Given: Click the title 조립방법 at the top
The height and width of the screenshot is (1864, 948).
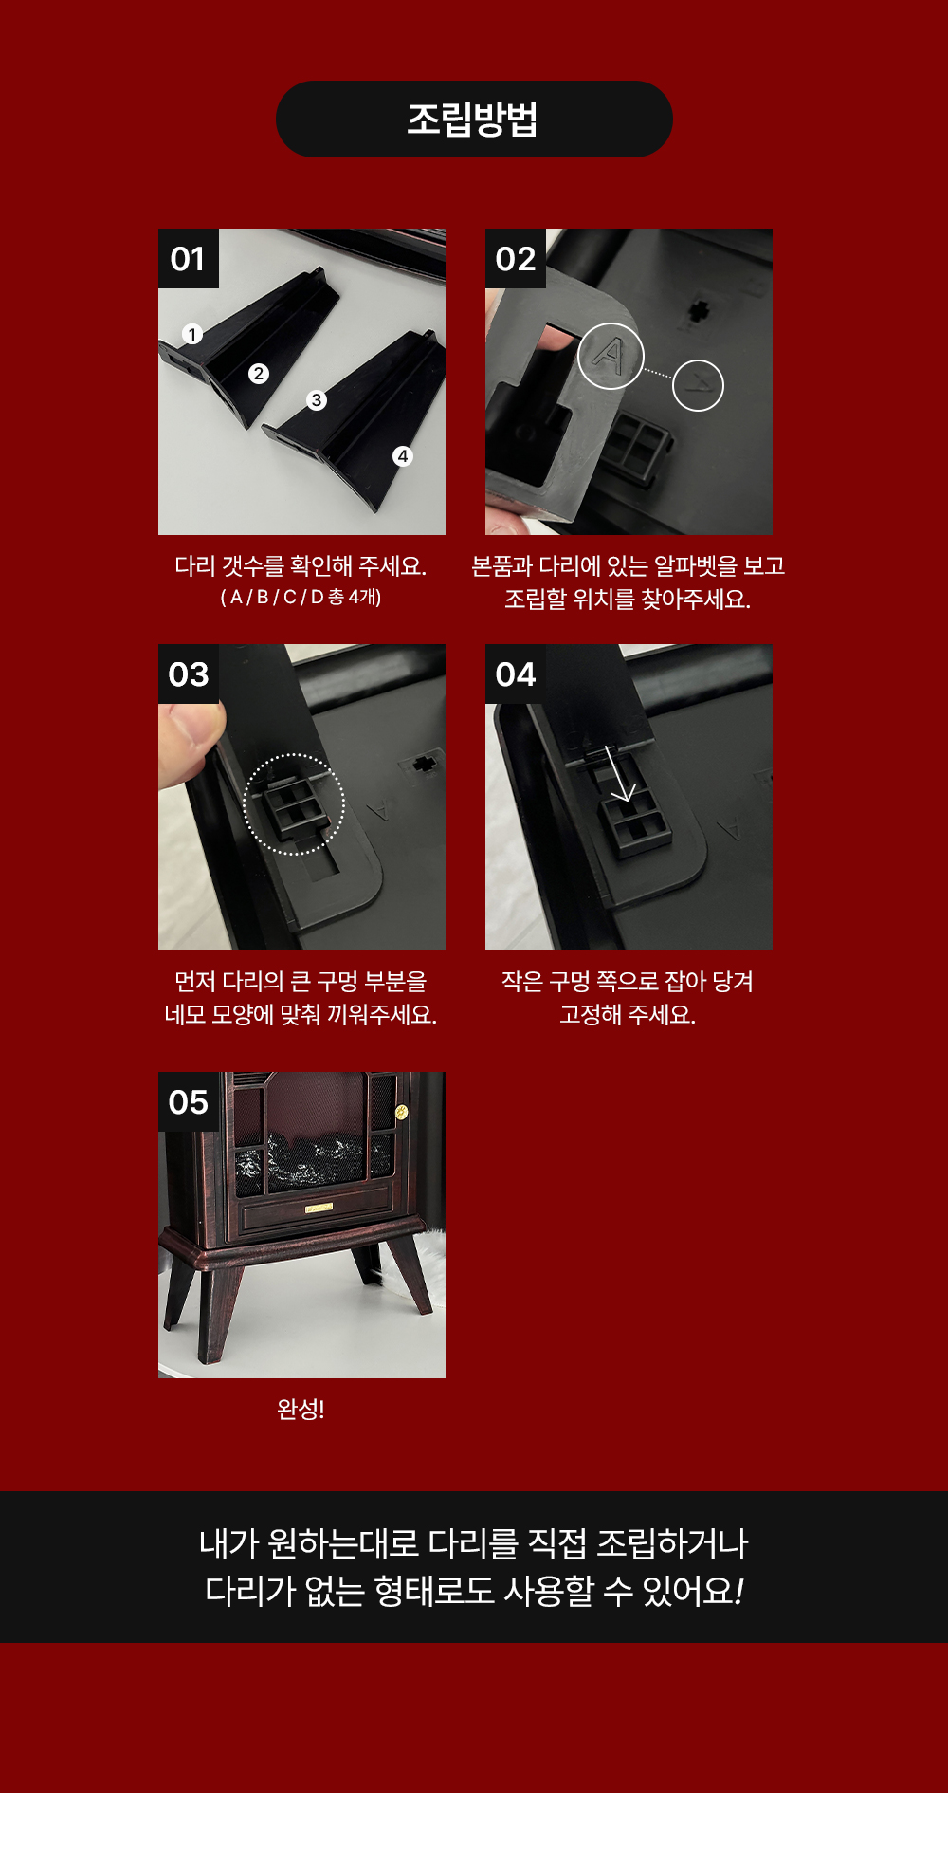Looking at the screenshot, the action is [x=473, y=120].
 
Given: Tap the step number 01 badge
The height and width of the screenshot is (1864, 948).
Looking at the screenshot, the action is [x=189, y=258].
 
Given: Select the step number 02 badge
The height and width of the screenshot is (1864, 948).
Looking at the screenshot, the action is [x=516, y=258].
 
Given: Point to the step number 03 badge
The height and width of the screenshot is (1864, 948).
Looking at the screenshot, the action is [x=189, y=674].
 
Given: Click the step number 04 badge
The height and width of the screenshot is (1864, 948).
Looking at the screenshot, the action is [x=516, y=674].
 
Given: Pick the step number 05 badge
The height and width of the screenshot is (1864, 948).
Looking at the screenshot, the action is [x=189, y=1102].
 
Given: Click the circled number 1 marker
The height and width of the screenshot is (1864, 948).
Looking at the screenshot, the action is [x=192, y=334].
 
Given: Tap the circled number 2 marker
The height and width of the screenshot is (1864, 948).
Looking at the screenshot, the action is [x=258, y=374].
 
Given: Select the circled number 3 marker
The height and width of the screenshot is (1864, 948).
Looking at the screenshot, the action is [x=317, y=400].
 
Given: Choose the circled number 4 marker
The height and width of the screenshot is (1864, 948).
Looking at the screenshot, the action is [x=403, y=456].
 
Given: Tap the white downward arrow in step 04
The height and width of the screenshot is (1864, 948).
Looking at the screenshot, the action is [x=620, y=773].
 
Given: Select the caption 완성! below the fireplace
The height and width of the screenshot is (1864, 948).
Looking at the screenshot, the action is [x=301, y=1409].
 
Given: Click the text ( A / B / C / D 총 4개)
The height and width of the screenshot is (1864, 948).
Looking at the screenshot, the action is [x=301, y=598].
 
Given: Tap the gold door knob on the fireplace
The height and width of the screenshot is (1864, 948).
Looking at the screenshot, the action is [x=401, y=1112].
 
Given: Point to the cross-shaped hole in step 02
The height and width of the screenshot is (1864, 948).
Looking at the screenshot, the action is [x=699, y=309].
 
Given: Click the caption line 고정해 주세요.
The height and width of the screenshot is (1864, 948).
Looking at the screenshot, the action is [x=628, y=1015].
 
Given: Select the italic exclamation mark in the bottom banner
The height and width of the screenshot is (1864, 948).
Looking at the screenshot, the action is [x=738, y=1591].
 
